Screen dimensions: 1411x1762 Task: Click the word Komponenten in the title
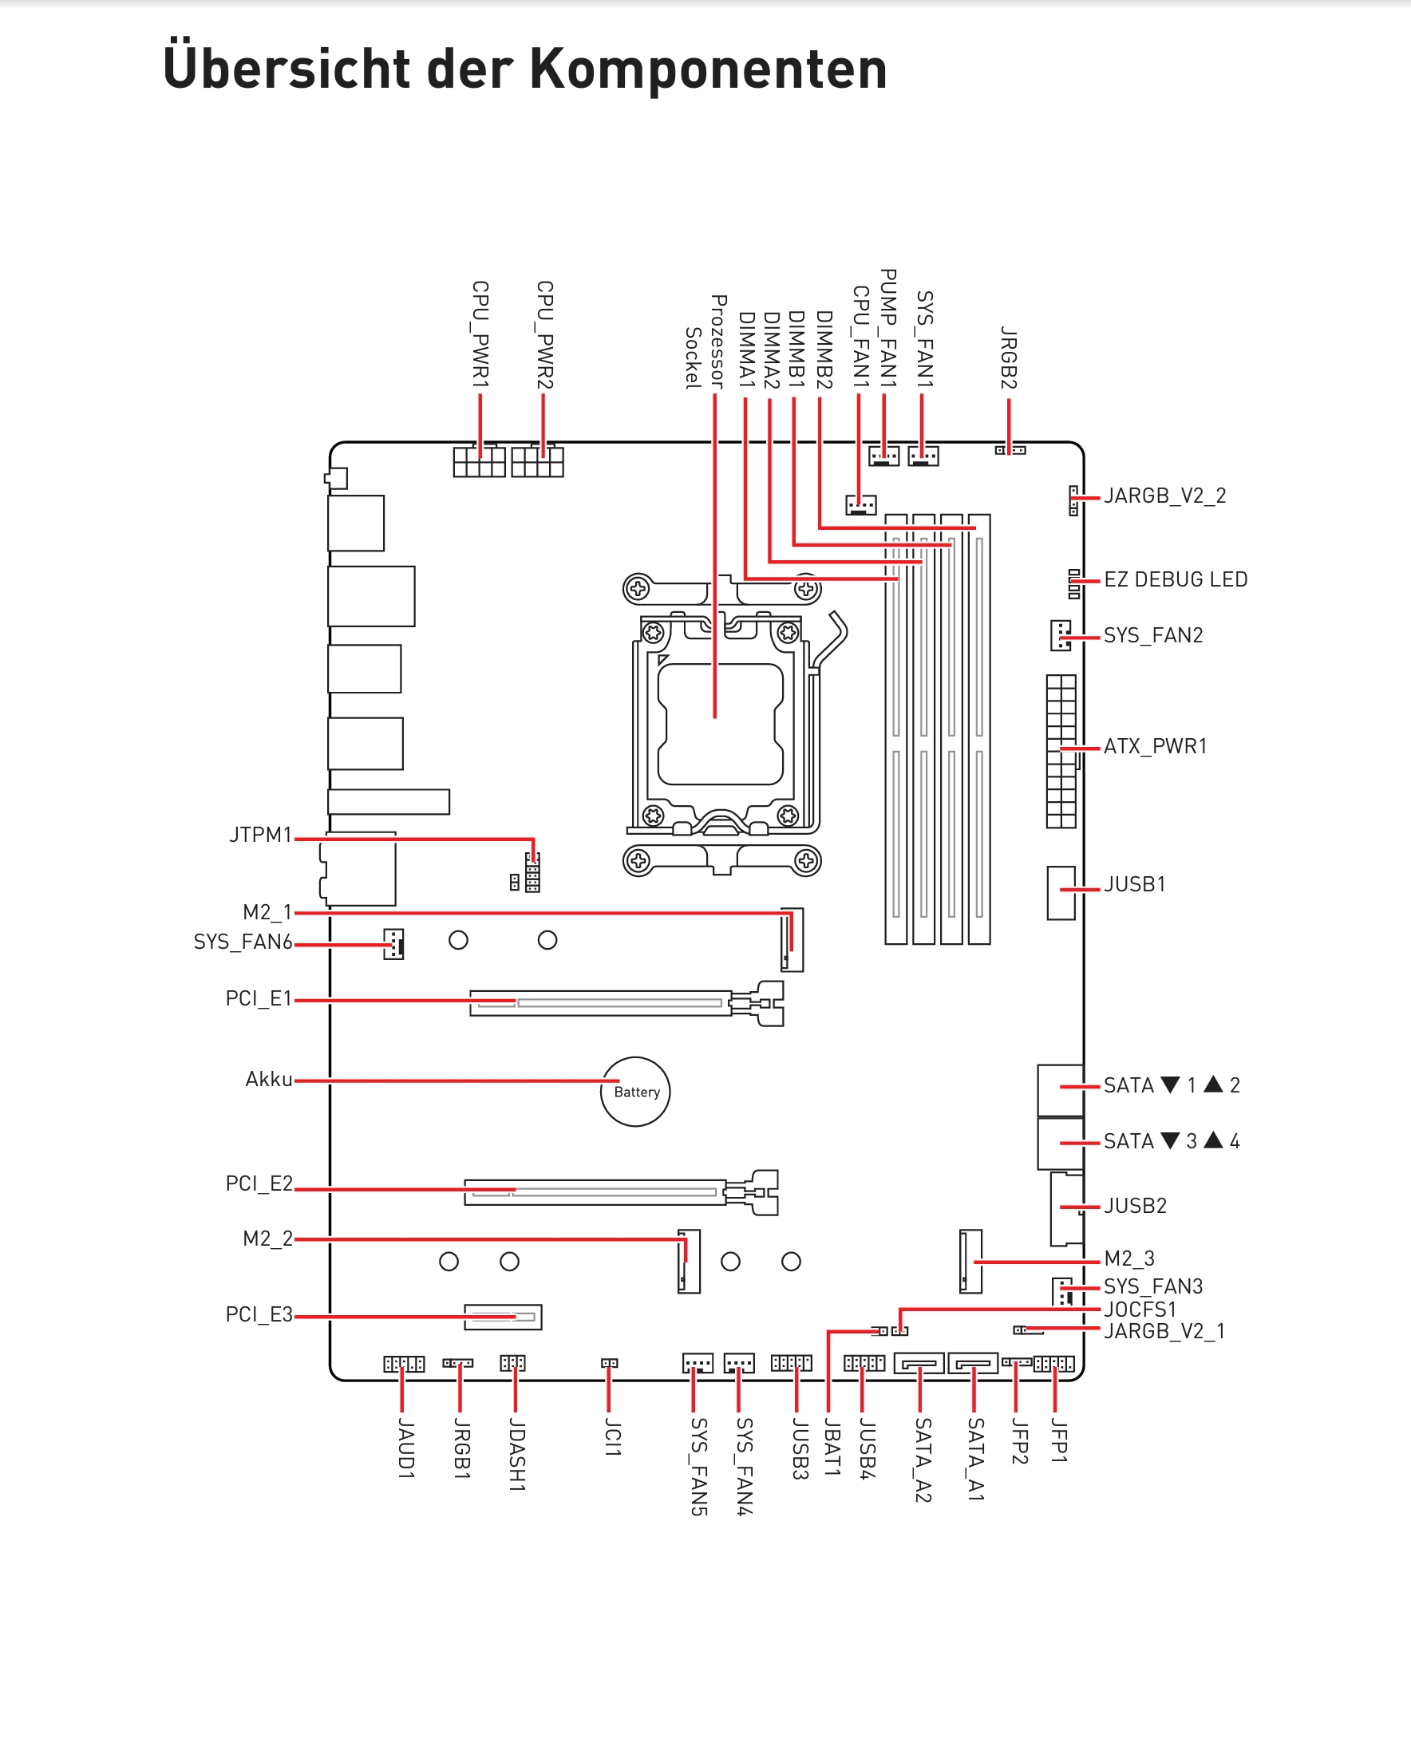(708, 69)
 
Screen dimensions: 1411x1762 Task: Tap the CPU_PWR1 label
(480, 334)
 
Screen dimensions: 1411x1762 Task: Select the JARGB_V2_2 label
(1165, 496)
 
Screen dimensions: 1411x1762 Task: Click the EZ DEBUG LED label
(1176, 579)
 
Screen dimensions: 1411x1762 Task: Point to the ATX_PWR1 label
(1155, 746)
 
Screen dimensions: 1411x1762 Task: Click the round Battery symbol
(635, 1092)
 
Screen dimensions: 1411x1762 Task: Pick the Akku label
(269, 1080)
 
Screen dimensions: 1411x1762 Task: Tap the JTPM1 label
(261, 835)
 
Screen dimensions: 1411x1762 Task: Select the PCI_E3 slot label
(259, 1314)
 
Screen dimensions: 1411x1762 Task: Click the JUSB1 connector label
(1135, 884)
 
